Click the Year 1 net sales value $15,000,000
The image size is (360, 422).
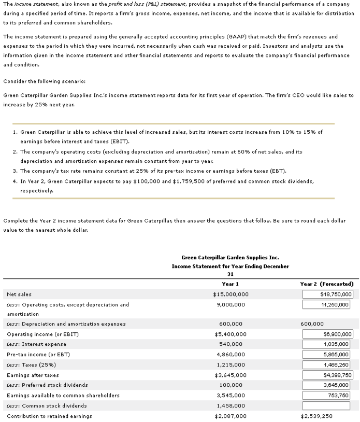pyautogui.click(x=231, y=294)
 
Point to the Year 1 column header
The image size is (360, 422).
pyautogui.click(x=231, y=284)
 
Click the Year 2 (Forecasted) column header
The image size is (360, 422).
pyautogui.click(x=327, y=284)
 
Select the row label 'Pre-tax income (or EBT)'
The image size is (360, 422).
pyautogui.click(x=38, y=355)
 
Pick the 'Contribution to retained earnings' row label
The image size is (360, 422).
pyautogui.click(x=49, y=416)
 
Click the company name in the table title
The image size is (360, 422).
pyautogui.click(x=231, y=257)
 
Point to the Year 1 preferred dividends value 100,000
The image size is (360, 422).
pyautogui.click(x=231, y=385)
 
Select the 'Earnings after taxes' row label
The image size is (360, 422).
pyautogui.click(x=33, y=375)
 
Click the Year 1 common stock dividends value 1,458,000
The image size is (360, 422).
pyautogui.click(x=231, y=405)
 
